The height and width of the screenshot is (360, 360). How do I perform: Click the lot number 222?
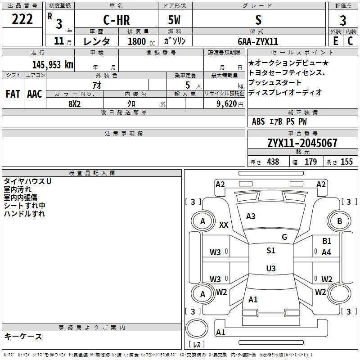tap(22, 19)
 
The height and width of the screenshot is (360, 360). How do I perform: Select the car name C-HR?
tap(117, 20)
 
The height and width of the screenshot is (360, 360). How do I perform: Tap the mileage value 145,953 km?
tap(53, 64)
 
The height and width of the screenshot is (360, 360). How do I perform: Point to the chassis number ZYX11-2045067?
tap(302, 143)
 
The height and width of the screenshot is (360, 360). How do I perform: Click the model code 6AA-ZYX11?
tap(258, 41)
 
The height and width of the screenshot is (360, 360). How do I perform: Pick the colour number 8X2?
tap(74, 104)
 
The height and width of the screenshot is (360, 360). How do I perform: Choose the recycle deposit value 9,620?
tap(227, 104)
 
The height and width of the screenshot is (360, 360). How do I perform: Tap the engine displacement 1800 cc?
tap(141, 41)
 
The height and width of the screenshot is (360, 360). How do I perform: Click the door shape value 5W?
tap(174, 20)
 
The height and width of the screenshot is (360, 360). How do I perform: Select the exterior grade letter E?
tap(335, 41)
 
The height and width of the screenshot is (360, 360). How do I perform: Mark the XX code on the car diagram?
tap(224, 225)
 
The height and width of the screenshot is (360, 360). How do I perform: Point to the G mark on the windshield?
tap(284, 237)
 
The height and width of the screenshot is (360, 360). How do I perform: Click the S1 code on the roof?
tap(271, 251)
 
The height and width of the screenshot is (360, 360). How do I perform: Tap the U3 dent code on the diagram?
tap(271, 268)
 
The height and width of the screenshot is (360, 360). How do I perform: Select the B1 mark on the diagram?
tap(327, 241)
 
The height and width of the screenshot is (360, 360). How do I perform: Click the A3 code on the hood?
tap(251, 216)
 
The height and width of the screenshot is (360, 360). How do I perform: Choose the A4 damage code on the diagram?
tap(326, 252)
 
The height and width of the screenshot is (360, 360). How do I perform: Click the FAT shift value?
tap(13, 94)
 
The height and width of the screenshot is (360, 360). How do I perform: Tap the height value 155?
tap(346, 162)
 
